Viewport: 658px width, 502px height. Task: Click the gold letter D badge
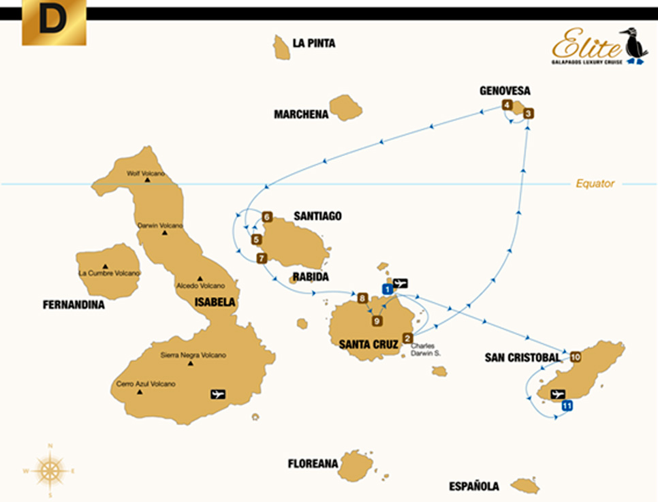click(54, 22)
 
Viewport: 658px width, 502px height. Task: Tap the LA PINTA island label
click(313, 43)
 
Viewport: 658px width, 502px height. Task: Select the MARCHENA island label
click(301, 114)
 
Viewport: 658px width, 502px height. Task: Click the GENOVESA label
click(505, 91)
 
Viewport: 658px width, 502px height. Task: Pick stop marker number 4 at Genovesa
click(507, 105)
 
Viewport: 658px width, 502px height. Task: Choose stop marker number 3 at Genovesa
click(529, 114)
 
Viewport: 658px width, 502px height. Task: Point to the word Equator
click(595, 183)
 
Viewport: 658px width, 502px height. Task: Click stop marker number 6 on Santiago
click(267, 217)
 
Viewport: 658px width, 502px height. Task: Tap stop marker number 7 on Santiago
click(261, 257)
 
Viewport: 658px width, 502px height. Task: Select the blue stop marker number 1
click(387, 289)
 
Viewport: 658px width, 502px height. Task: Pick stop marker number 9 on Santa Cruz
click(377, 321)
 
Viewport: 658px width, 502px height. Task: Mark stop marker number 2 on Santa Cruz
click(408, 338)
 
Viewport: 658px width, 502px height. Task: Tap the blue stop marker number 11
click(567, 406)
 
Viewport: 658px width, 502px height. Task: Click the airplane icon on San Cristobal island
click(558, 394)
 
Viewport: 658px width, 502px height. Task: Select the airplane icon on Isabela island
click(218, 394)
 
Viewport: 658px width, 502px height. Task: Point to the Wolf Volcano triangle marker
click(146, 180)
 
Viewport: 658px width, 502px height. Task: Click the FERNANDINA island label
click(74, 305)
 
